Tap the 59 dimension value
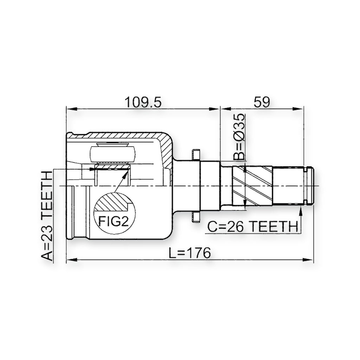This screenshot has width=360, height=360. pyautogui.click(x=262, y=102)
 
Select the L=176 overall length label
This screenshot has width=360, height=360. pyautogui.click(x=189, y=253)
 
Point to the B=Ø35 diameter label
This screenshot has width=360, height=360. pyautogui.click(x=239, y=137)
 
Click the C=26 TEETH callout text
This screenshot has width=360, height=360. pyautogui.click(x=252, y=226)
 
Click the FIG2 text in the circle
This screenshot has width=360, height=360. pyautogui.click(x=113, y=221)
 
